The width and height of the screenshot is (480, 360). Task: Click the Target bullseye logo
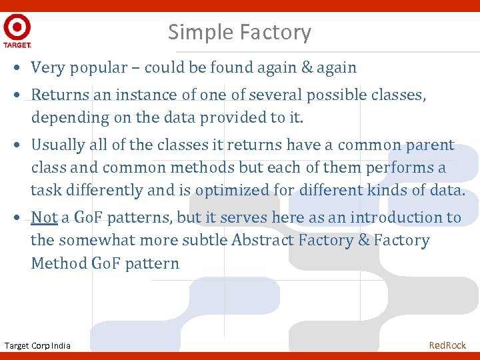pos(17,28)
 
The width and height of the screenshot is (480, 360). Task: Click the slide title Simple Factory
pos(239,32)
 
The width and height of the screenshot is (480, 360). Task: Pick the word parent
pos(430,145)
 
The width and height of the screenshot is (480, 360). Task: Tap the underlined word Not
pos(44,217)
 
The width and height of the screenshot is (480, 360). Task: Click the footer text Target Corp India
pos(37,345)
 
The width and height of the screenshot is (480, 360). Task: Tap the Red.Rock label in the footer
pos(447,345)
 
